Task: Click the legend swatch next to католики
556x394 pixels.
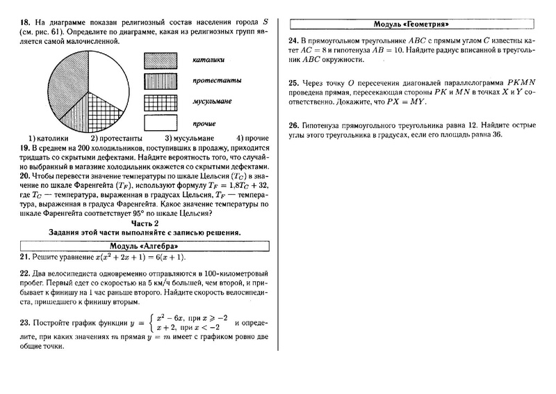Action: pos(161,61)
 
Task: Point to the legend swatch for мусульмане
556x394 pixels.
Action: pos(161,102)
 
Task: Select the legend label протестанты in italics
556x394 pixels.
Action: pos(218,81)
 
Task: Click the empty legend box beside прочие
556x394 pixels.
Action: pos(161,123)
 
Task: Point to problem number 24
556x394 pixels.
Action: pos(293,40)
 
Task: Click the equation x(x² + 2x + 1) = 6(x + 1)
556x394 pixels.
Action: pos(129,258)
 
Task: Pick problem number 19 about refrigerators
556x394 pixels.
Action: pos(24,148)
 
